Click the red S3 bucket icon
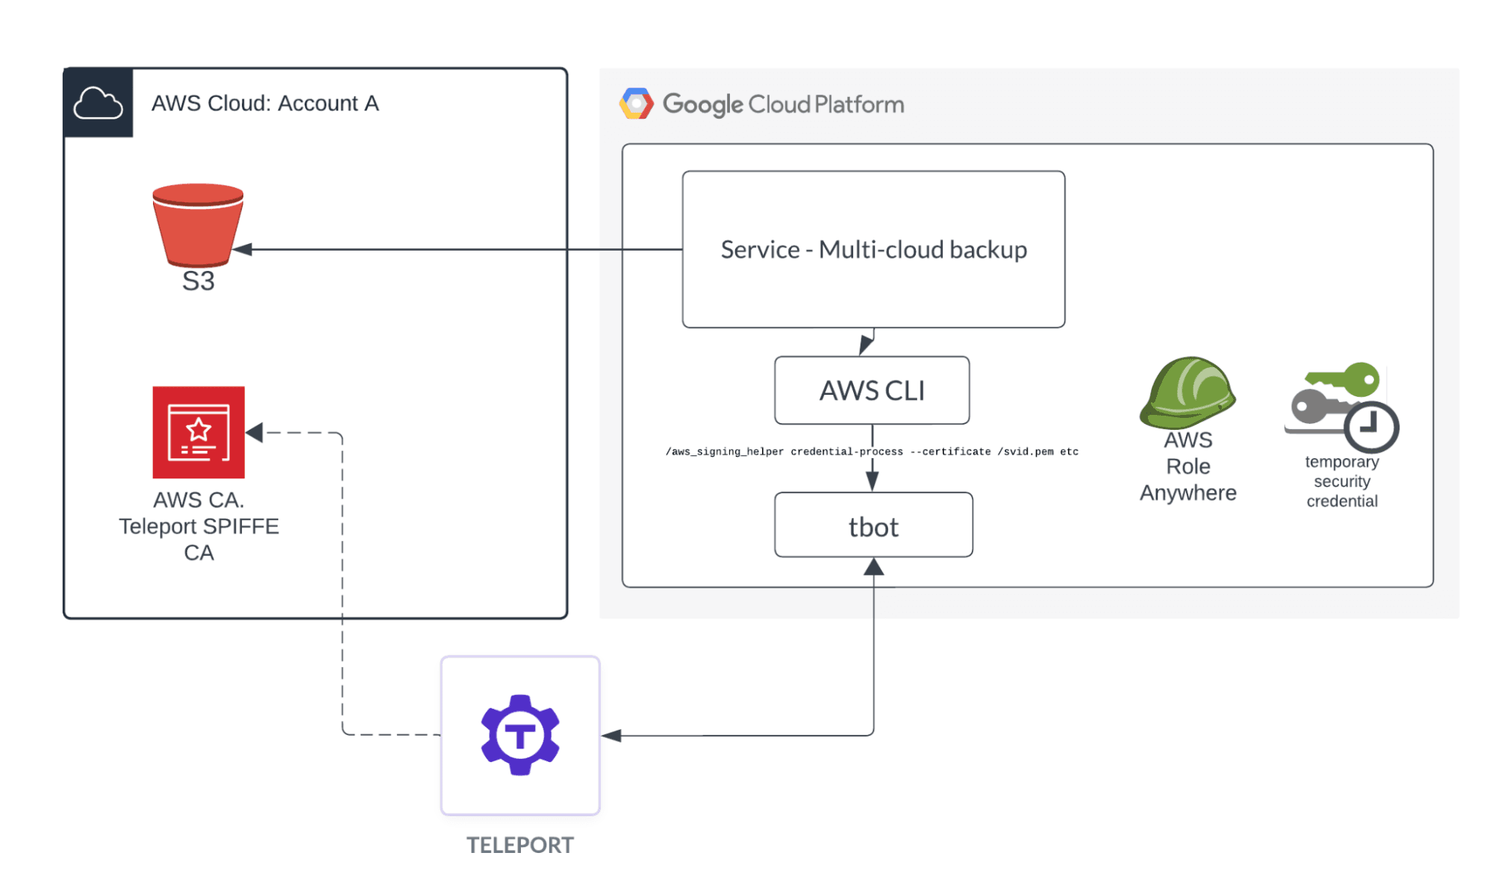(x=198, y=225)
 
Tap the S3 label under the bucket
(x=198, y=281)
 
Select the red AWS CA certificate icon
(x=199, y=432)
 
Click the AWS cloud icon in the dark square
(x=98, y=103)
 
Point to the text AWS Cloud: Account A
(x=265, y=103)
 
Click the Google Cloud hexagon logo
(x=636, y=104)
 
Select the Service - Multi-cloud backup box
(x=873, y=249)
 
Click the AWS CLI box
(x=872, y=390)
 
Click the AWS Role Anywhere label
(x=1187, y=466)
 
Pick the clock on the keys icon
(x=1371, y=427)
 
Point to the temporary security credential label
(x=1341, y=481)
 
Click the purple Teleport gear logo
(x=520, y=735)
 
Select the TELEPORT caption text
(x=520, y=845)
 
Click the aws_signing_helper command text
(x=872, y=451)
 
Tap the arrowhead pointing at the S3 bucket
(x=243, y=249)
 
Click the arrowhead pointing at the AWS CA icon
(x=255, y=432)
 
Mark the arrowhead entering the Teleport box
(x=611, y=736)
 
